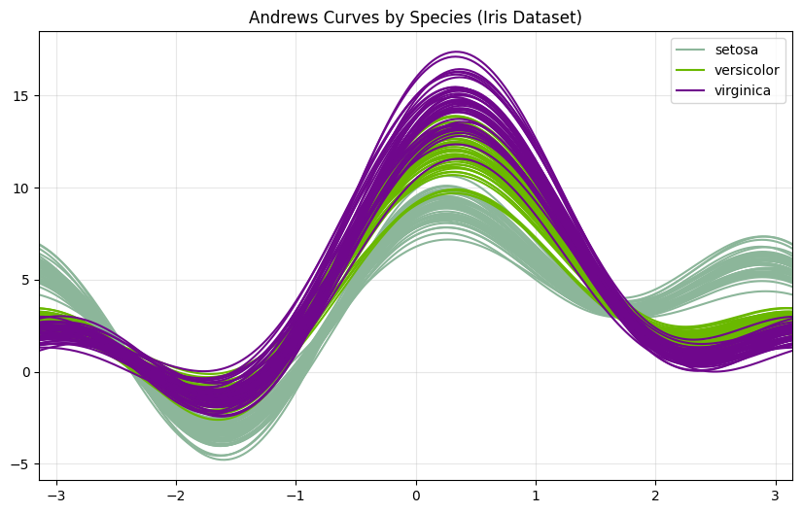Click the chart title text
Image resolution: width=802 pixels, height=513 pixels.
(x=415, y=17)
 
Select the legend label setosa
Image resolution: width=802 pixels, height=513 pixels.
(x=735, y=50)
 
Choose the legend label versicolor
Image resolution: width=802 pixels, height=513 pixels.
(x=747, y=70)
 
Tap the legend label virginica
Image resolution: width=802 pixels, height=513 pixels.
(x=743, y=90)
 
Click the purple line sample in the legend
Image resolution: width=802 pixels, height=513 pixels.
(x=692, y=90)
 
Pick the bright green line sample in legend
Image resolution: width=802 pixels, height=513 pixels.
(x=692, y=70)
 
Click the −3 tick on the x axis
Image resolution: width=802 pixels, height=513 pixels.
(x=56, y=496)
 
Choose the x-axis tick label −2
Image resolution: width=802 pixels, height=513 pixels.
(x=176, y=496)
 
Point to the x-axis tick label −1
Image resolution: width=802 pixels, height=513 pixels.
(x=296, y=496)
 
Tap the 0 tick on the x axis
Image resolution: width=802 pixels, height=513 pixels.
(x=416, y=496)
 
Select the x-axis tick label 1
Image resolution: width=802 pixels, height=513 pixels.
(x=536, y=496)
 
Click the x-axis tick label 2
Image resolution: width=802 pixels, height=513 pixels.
(x=655, y=496)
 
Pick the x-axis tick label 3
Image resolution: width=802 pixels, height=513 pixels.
(x=775, y=496)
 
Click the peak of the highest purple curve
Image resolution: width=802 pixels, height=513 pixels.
(x=455, y=51)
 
